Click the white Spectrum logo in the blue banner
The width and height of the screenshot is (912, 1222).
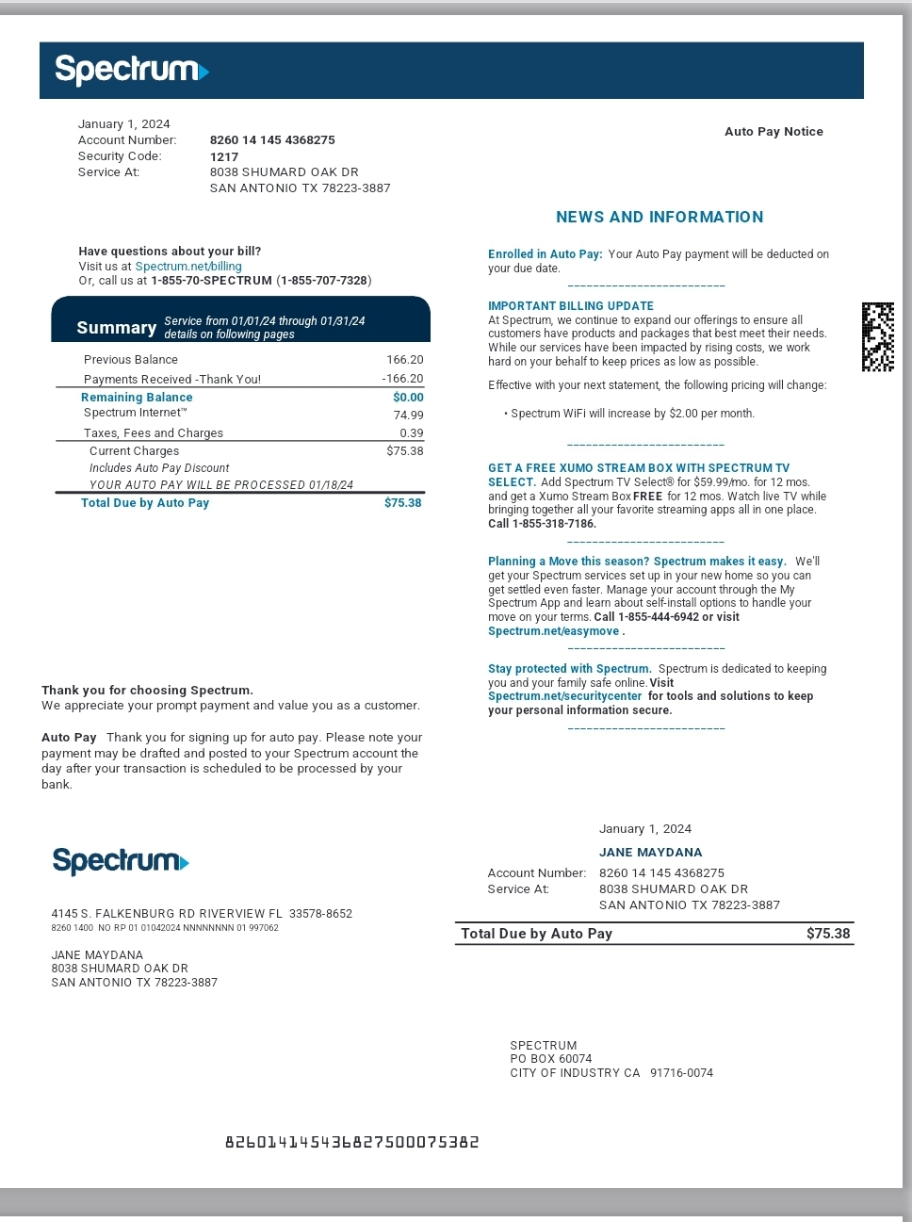point(131,70)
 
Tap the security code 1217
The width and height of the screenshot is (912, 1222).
point(224,156)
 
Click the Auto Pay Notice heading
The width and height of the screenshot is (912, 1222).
point(774,132)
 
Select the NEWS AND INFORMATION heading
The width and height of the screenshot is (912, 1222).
point(660,217)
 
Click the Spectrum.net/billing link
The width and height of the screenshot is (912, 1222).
point(188,267)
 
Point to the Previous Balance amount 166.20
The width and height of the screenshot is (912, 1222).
point(404,360)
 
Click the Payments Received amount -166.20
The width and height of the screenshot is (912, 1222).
point(402,379)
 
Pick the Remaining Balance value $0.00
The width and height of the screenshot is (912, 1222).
point(408,398)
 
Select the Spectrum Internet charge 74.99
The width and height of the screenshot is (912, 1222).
point(408,415)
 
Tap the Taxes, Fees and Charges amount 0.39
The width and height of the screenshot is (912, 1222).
point(411,433)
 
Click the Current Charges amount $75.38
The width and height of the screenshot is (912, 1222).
point(404,451)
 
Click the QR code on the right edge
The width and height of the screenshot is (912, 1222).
point(877,337)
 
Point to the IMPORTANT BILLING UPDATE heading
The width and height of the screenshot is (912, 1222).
point(570,306)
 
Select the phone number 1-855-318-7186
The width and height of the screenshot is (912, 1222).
point(554,524)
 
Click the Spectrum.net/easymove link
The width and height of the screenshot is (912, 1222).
point(553,631)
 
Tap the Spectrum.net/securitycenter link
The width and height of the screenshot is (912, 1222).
point(564,696)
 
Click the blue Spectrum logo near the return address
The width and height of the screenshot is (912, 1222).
point(121,861)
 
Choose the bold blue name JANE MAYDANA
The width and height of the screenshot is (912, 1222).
point(650,853)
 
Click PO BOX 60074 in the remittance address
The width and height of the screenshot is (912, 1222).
point(550,1059)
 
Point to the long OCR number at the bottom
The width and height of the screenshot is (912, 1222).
point(351,1143)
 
